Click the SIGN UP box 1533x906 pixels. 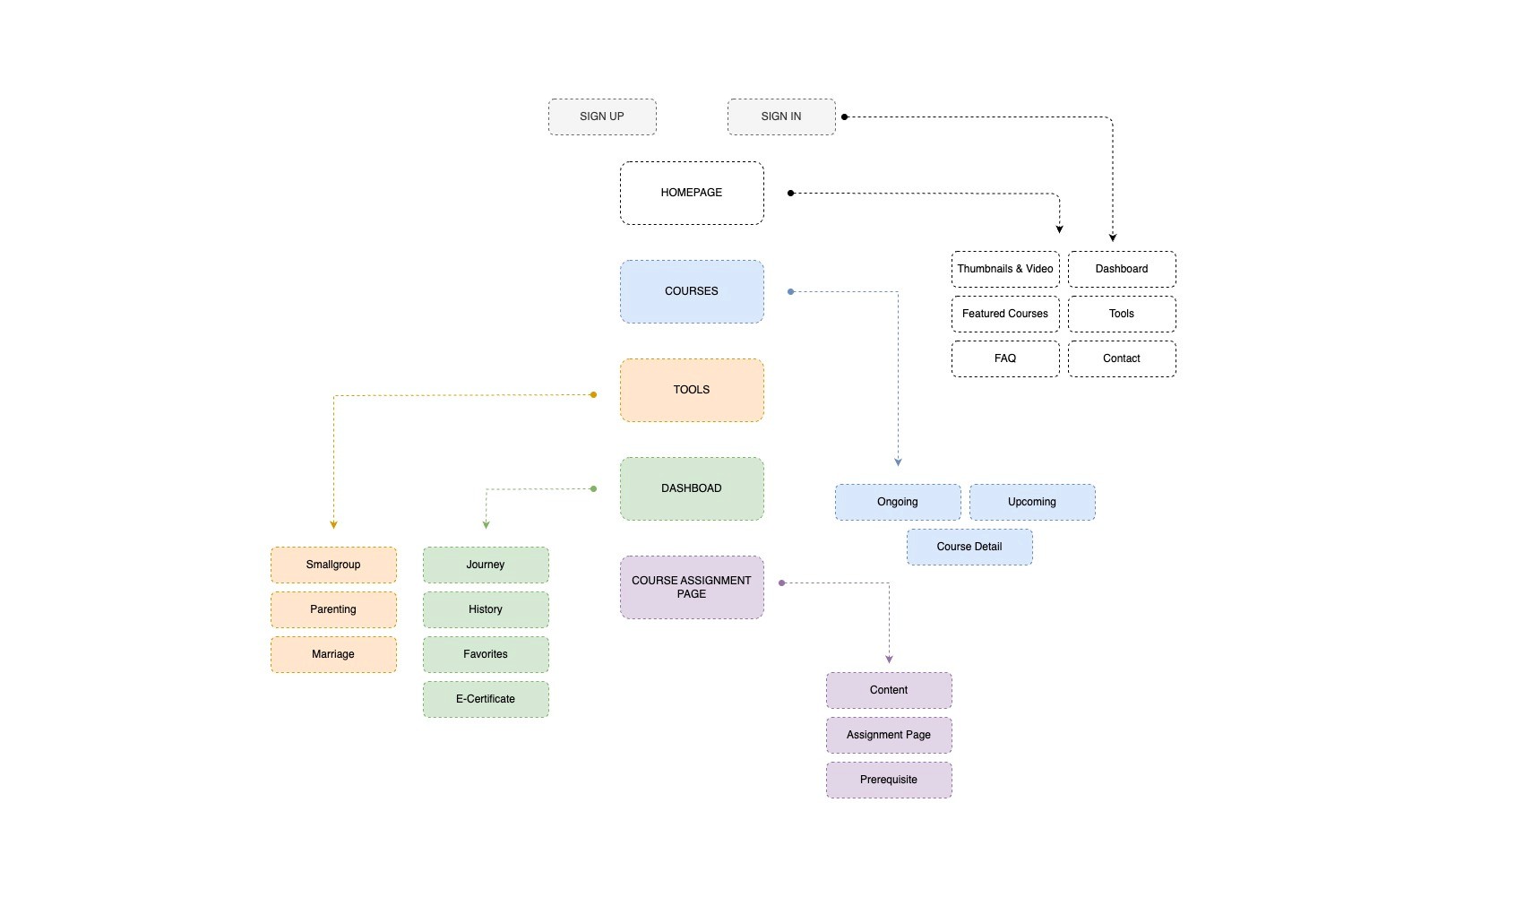click(602, 117)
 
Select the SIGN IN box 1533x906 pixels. click(781, 117)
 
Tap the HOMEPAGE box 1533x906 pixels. click(692, 193)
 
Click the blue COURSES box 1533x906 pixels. click(692, 291)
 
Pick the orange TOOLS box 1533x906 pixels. click(692, 390)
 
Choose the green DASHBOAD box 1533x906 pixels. click(692, 488)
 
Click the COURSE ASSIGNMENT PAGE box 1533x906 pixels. click(692, 587)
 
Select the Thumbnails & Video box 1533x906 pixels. click(1005, 269)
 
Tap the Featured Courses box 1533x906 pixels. click(1005, 314)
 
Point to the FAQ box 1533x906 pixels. click(1005, 358)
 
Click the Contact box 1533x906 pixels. click(1123, 358)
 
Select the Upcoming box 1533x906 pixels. click(1032, 502)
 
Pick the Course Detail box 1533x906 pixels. click(969, 547)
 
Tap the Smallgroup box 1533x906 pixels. click(333, 565)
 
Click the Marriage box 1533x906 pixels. click(333, 654)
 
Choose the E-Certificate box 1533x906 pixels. click(486, 699)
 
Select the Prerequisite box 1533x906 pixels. click(889, 780)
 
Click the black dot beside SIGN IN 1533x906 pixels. click(845, 117)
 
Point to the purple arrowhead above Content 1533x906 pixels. click(889, 660)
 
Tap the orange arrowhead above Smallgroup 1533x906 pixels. click(333, 525)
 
